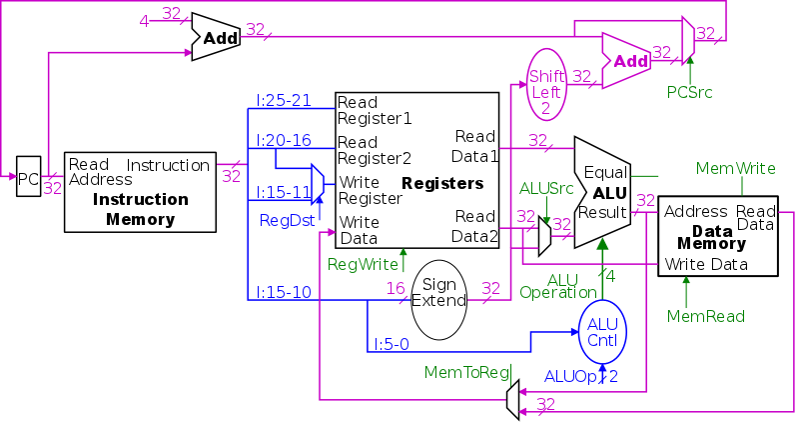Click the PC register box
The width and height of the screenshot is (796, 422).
click(x=29, y=179)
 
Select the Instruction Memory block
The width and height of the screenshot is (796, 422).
click(x=140, y=191)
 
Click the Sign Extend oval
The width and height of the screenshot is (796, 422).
click(x=439, y=292)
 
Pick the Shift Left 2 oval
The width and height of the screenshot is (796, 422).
click(x=546, y=84)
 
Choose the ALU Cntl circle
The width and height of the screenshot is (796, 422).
click(x=603, y=332)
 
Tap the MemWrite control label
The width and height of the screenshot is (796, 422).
click(x=735, y=168)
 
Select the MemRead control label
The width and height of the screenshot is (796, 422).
click(x=707, y=316)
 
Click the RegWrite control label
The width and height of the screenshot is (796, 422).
click(x=363, y=264)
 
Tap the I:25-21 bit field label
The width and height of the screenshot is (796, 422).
click(x=284, y=101)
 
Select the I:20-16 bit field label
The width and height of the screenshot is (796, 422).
click(x=284, y=140)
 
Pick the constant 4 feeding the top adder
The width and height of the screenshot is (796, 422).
click(x=144, y=19)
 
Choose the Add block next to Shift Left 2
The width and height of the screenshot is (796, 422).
click(x=626, y=61)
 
